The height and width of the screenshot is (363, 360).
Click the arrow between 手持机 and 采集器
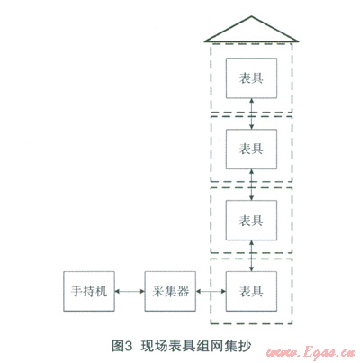click(130, 291)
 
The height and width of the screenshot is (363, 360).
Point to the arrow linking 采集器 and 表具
click(211, 291)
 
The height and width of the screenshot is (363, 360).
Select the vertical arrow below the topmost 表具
click(252, 113)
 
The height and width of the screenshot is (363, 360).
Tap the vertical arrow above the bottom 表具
click(252, 256)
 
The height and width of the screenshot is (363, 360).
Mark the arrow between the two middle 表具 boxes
click(252, 185)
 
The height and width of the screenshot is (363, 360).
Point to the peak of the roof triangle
click(251, 16)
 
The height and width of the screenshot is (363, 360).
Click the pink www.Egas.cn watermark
click(310, 352)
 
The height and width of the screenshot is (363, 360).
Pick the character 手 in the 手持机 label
click(76, 291)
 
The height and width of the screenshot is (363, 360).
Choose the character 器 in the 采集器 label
click(183, 291)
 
